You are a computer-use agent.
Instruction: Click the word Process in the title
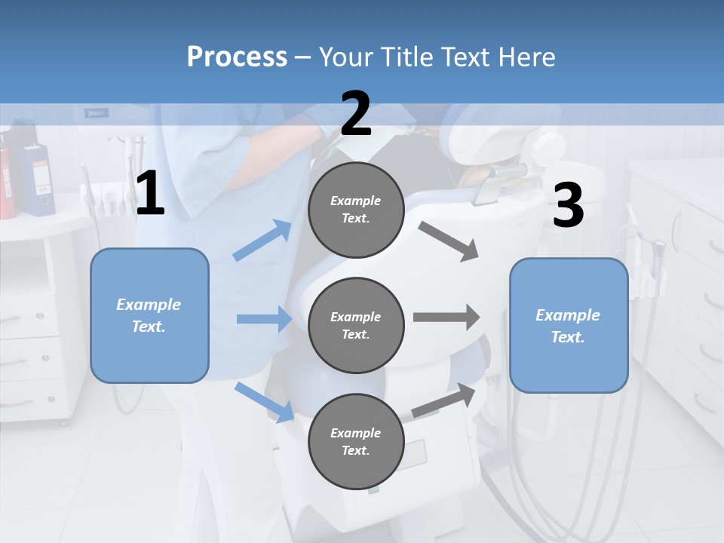pyautogui.click(x=237, y=57)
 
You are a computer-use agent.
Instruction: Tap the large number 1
pyautogui.click(x=149, y=194)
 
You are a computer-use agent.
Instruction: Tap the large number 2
pyautogui.click(x=356, y=114)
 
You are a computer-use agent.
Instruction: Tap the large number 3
pyautogui.click(x=568, y=205)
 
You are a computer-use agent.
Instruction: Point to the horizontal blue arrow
pyautogui.click(x=264, y=319)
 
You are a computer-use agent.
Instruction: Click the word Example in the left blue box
pyautogui.click(x=149, y=305)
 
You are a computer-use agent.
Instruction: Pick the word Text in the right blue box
pyautogui.click(x=567, y=337)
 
